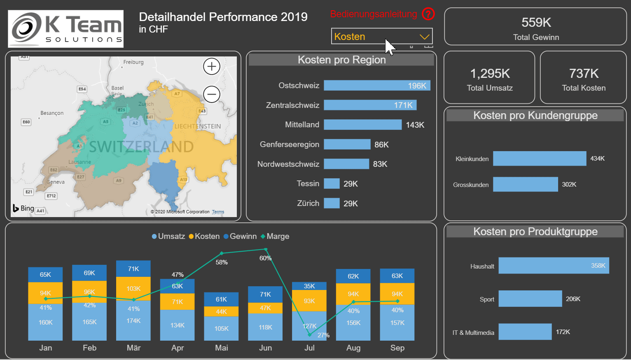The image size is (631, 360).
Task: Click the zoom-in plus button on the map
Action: tap(212, 66)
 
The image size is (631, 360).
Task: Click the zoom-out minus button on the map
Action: tap(212, 94)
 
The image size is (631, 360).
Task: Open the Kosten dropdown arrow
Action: tap(424, 37)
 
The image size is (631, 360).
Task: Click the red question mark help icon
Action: tap(428, 14)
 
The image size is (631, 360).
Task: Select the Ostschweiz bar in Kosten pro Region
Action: tap(377, 86)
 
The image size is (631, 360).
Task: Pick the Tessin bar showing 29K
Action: tap(332, 184)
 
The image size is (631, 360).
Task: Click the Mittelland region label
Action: tap(302, 125)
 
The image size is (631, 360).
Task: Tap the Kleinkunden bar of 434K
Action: tap(539, 159)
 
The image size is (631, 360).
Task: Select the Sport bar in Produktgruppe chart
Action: tap(530, 299)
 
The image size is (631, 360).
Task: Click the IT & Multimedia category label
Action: tap(473, 333)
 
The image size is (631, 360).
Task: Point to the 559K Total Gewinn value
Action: tap(536, 23)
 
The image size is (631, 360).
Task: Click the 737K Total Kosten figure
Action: tap(584, 74)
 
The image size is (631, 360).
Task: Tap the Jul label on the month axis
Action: tap(309, 348)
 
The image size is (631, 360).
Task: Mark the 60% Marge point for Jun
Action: tap(266, 250)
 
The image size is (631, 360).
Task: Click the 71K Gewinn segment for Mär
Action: tap(133, 269)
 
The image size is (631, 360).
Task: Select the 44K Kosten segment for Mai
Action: tap(221, 311)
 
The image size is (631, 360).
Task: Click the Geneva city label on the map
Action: tap(56, 182)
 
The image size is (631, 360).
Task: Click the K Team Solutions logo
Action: tap(66, 29)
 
